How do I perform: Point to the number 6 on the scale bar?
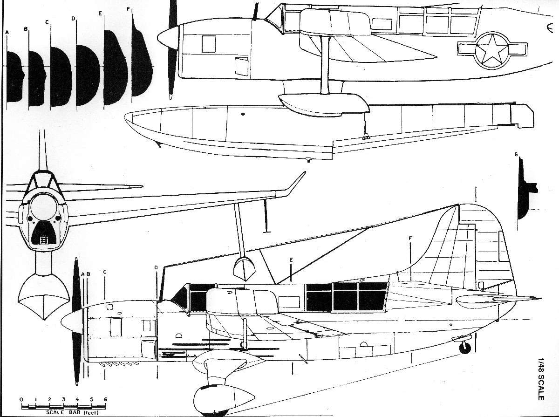105,399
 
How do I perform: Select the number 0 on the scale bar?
21,399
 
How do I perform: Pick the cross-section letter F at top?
129,9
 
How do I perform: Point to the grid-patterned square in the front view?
44,240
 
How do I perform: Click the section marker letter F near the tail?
410,239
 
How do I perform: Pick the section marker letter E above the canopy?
291,259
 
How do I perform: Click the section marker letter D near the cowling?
157,267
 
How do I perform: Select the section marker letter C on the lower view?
105,271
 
